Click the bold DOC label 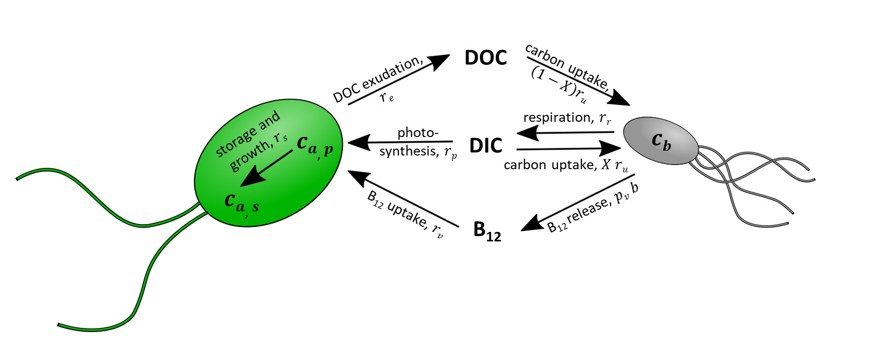[x=485, y=58]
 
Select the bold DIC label [x=485, y=145]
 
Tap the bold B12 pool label [x=486, y=231]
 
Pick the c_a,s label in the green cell [x=241, y=203]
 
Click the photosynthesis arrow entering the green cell [x=400, y=142]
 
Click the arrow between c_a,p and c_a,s [x=266, y=169]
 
